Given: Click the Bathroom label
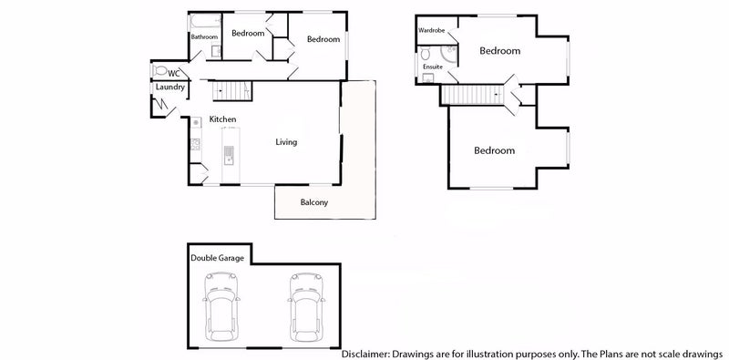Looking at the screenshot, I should (204, 37).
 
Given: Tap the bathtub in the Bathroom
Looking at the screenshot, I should (205, 20).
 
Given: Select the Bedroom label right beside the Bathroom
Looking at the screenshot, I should (247, 34).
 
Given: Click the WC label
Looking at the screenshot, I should (172, 72).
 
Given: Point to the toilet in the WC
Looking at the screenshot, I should (159, 71).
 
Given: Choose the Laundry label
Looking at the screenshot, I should (170, 87).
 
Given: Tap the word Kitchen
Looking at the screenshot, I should (223, 119).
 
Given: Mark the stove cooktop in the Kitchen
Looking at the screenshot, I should (195, 143).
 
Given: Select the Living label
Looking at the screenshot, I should (287, 142).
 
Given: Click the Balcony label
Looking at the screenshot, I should (314, 202).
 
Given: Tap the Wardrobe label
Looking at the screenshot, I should (431, 30).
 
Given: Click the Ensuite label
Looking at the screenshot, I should (431, 67).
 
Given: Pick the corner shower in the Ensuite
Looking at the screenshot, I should (426, 78).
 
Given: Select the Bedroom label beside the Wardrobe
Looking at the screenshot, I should (500, 51).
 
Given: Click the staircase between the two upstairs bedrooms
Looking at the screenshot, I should (474, 95).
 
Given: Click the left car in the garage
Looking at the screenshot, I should (222, 306).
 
